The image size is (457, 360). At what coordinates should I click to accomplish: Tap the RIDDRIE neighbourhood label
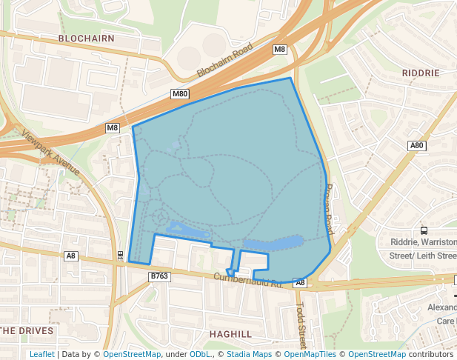coord(420,73)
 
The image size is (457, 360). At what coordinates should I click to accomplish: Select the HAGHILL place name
coord(230,334)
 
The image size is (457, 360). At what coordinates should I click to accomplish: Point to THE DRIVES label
coord(27,330)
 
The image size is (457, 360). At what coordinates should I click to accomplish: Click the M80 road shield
coord(180,94)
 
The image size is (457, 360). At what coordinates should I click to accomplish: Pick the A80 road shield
coord(417,146)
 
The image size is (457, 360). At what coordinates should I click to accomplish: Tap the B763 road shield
coord(159,276)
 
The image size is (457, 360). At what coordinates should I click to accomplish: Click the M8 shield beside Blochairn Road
coord(279,50)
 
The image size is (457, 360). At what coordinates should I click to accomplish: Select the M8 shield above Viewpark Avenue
coord(112,128)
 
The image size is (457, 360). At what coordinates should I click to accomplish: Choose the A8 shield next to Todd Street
coord(299,283)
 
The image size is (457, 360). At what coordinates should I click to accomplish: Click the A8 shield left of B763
coord(70,256)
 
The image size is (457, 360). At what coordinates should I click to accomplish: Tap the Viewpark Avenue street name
coord(51,153)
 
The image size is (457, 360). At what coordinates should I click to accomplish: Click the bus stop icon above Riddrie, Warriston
coord(423,230)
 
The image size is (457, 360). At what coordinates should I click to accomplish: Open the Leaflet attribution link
coord(41,354)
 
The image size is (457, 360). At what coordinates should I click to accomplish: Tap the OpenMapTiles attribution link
coord(313,354)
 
